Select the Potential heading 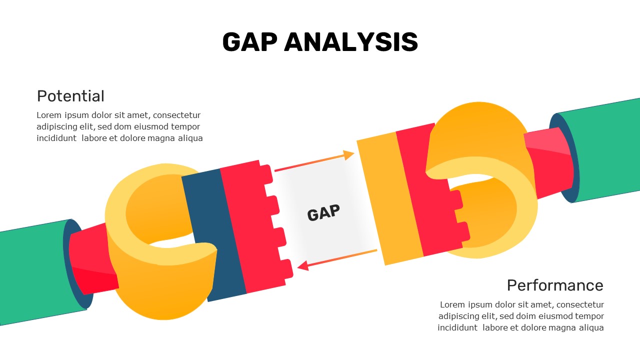(70, 96)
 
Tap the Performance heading (555, 285)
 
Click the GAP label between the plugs (323, 212)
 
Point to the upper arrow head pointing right (348, 155)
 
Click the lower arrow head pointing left (303, 265)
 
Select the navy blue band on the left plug (213, 235)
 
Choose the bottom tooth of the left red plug (286, 268)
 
